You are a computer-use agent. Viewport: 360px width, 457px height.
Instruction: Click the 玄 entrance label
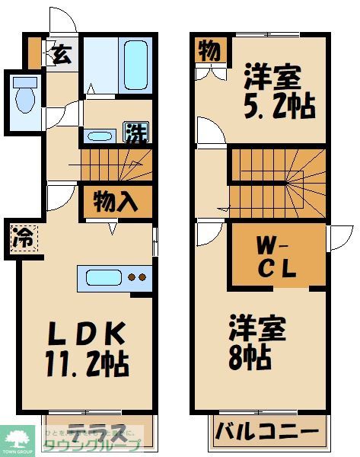(x=61, y=56)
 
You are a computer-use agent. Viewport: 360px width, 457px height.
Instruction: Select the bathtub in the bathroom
(x=136, y=68)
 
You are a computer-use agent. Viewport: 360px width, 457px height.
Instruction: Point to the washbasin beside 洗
(x=101, y=136)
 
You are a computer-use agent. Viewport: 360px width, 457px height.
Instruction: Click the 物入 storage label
(x=116, y=203)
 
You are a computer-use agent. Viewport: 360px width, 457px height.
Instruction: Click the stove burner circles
(x=137, y=278)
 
